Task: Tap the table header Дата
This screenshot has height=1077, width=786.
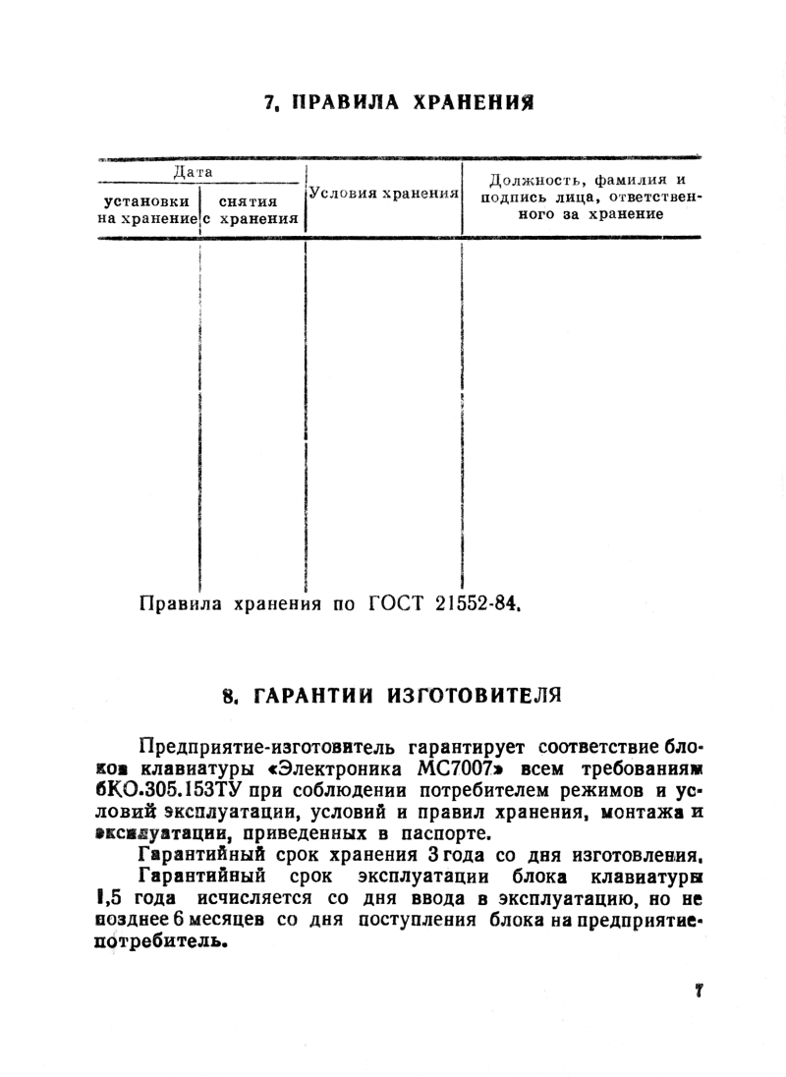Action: (x=194, y=171)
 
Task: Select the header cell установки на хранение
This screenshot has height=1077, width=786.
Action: (x=146, y=208)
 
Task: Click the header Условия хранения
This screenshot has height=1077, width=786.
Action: (x=384, y=194)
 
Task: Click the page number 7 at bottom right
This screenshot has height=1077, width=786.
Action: (x=699, y=991)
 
